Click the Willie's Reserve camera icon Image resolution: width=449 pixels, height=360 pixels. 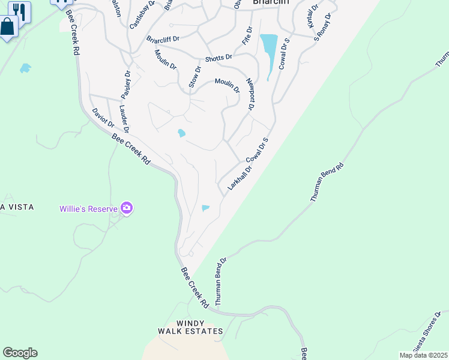[127, 208]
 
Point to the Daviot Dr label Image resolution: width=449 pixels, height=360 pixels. [103, 118]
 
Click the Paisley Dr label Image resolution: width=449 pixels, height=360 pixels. [125, 85]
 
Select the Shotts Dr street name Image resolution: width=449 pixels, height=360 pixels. [218, 58]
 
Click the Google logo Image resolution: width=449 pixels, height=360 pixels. [20, 352]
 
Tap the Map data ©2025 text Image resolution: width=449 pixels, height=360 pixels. [423, 355]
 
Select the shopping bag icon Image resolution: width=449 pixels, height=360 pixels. [7, 27]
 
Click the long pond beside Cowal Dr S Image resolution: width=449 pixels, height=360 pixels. [269, 52]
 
